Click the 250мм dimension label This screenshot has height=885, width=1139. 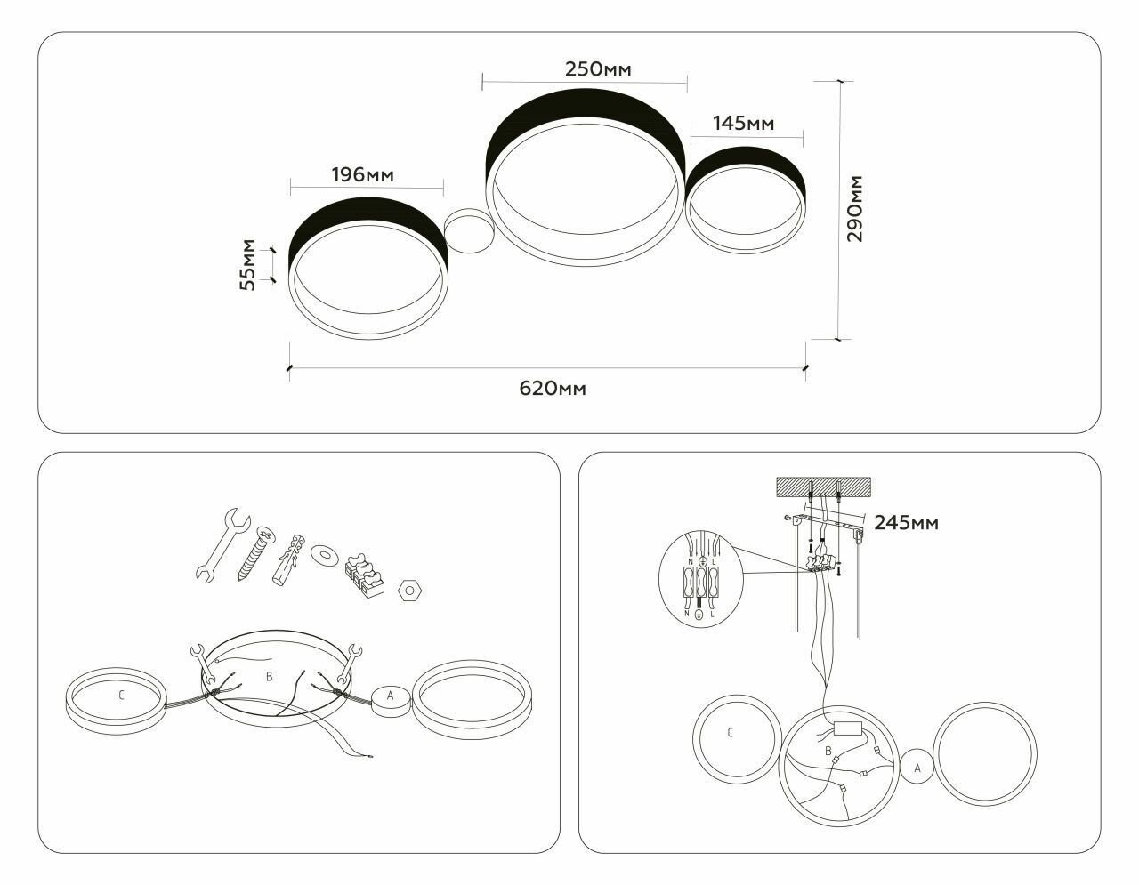coord(592,69)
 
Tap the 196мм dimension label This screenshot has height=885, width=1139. coord(362,174)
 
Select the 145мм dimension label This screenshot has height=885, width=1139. coord(744,123)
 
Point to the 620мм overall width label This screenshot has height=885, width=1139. coord(553,388)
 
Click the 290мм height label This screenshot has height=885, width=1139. coord(855,210)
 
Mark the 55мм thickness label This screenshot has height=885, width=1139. coord(248,264)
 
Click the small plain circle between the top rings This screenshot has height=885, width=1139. coord(468,230)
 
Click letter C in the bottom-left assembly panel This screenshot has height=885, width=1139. coord(121,696)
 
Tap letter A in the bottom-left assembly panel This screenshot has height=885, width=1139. coord(390,695)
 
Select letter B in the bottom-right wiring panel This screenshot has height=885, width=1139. coord(829,752)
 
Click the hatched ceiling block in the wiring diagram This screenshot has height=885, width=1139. coord(824,487)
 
